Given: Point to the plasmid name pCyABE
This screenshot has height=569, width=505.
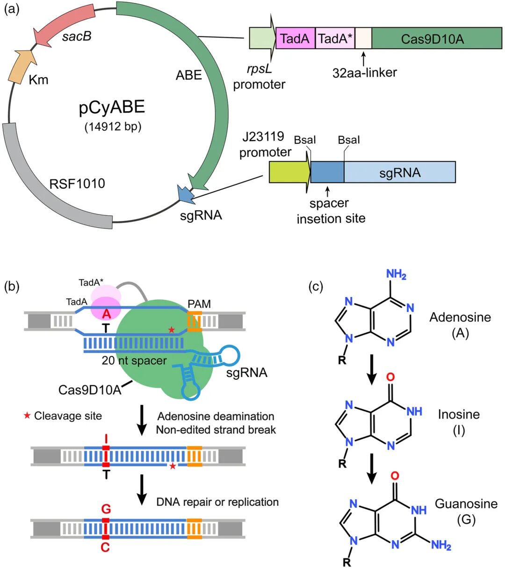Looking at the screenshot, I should click(112, 107).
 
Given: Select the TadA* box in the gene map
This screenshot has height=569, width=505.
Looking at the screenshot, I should click(335, 39).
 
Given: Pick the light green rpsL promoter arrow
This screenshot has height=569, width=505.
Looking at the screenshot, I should click(262, 39).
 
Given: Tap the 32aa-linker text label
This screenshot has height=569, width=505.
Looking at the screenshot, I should click(365, 73).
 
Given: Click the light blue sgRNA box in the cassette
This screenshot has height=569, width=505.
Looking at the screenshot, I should click(399, 172).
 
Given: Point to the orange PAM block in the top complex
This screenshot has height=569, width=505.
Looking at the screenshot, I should click(195, 321).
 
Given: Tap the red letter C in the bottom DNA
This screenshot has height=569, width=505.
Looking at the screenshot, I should click(105, 547).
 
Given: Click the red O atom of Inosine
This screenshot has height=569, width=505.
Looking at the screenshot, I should click(391, 377).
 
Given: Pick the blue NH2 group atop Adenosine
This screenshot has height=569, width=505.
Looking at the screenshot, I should click(396, 274).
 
